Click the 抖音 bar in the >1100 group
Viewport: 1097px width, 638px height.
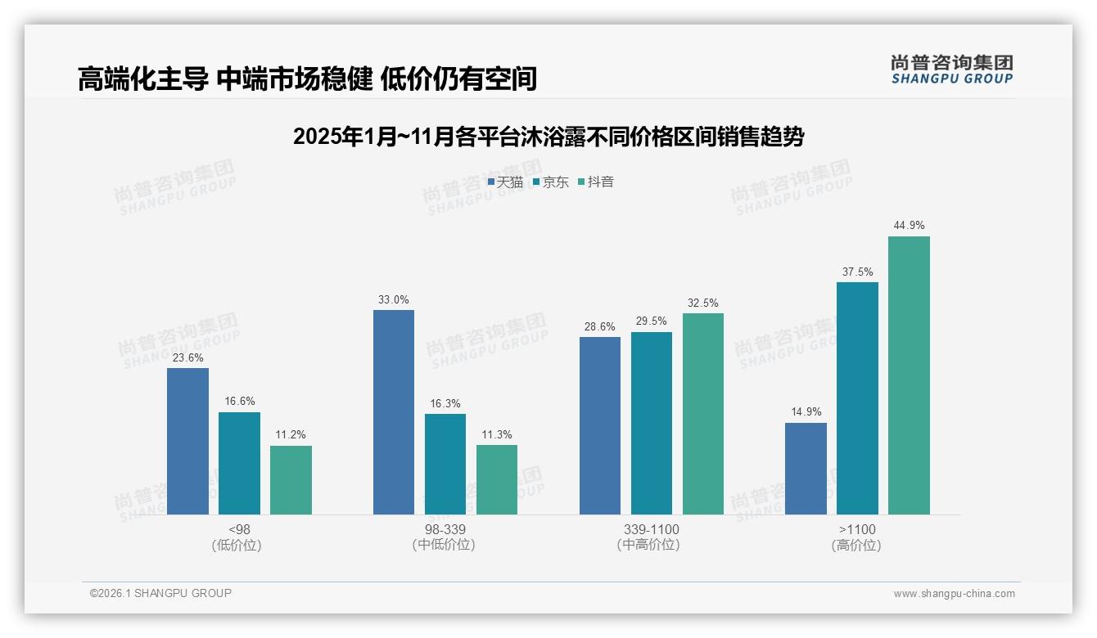point(909,375)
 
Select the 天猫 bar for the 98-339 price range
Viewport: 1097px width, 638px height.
point(394,412)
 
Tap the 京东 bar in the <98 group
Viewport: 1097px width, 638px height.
point(239,463)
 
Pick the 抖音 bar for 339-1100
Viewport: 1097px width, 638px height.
point(703,414)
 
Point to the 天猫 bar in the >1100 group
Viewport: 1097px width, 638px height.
point(806,469)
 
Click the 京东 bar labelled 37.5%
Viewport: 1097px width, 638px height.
point(857,398)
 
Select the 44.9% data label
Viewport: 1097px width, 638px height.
point(909,226)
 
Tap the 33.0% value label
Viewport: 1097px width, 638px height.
point(394,300)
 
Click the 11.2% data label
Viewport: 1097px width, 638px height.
point(291,435)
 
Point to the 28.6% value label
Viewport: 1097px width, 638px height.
point(600,327)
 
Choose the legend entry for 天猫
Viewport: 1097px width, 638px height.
point(505,182)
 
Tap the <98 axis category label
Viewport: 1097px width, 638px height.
point(239,530)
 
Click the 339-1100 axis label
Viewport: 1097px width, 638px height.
point(651,530)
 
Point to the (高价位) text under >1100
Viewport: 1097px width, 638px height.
point(856,546)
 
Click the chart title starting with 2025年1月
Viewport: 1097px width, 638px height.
point(548,137)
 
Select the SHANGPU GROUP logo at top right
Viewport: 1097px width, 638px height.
point(951,70)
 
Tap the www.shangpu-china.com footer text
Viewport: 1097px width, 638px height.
point(954,594)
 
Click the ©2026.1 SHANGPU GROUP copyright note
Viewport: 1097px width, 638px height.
point(160,593)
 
